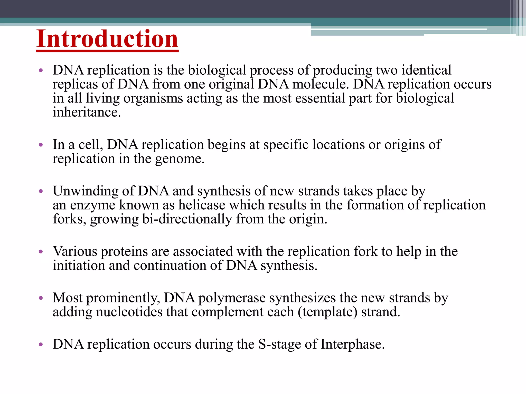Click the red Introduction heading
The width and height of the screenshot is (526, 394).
107,39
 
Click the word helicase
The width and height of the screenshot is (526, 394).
202,205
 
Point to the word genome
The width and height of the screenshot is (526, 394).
180,159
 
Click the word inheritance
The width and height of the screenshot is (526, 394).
87,112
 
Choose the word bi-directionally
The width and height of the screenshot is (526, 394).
187,219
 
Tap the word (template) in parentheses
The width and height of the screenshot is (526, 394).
327,312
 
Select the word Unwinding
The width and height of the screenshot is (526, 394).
86,191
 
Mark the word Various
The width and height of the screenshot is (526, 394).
75,251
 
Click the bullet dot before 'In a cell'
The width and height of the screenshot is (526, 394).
41,145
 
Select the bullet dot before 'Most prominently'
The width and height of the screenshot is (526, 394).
41,298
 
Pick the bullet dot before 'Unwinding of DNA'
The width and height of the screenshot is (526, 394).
41,191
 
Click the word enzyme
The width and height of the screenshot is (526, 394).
93,205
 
